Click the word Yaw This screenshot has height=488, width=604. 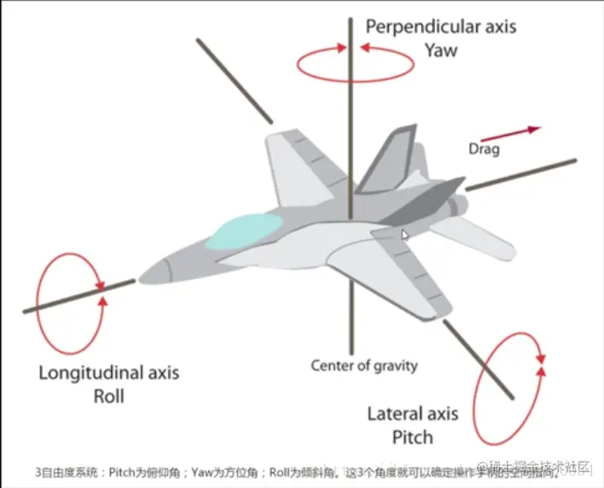[x=441, y=50]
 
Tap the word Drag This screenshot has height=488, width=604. [x=483, y=150]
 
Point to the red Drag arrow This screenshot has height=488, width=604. [x=510, y=133]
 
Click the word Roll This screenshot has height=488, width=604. [x=109, y=395]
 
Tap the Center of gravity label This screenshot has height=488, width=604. [x=364, y=366]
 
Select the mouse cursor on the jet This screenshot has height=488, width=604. [x=404, y=235]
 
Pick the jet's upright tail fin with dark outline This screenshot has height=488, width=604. [x=385, y=162]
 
